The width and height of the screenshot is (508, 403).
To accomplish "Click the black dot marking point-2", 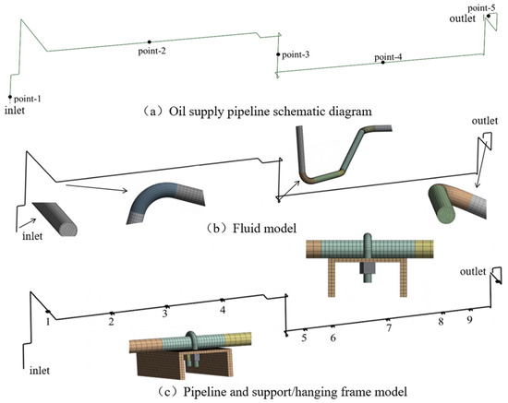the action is click(150, 41).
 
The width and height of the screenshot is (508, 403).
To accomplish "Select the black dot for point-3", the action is click(278, 54).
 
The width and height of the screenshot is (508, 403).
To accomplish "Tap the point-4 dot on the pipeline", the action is click(382, 62).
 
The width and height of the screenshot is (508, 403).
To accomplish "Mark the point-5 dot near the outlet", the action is click(489, 16).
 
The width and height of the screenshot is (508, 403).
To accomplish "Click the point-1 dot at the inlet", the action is click(10, 97).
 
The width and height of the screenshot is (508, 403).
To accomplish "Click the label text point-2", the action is click(152, 51).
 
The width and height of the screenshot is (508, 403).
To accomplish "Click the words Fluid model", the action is click(264, 229).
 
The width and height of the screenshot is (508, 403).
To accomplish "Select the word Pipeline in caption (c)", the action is click(204, 392).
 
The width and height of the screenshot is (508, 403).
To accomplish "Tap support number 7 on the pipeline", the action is click(389, 327).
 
